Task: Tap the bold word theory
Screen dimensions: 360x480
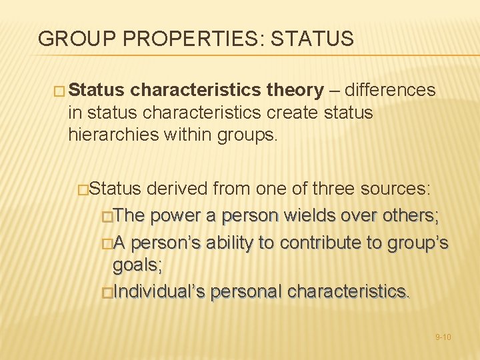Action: click(x=295, y=90)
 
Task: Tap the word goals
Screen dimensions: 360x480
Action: click(x=137, y=266)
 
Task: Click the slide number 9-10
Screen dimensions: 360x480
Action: click(x=443, y=337)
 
